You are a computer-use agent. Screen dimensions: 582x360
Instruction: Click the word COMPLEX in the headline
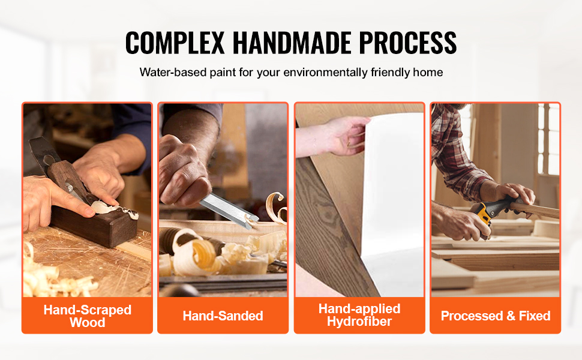pos(175,43)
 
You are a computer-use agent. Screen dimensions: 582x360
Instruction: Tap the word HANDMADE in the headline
pos(292,43)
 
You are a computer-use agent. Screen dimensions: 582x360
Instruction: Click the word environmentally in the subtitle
pos(325,72)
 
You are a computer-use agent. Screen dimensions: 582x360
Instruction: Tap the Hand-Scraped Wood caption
pos(87,316)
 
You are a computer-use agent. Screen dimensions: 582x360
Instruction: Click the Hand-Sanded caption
pos(223,316)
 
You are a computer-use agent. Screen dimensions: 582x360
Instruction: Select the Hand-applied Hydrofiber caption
pos(359,315)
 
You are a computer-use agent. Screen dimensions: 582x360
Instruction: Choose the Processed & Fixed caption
pos(496,316)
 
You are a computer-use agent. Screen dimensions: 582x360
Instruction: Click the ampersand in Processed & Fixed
pos(511,316)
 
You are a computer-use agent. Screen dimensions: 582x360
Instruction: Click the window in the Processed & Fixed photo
pos(548,139)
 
